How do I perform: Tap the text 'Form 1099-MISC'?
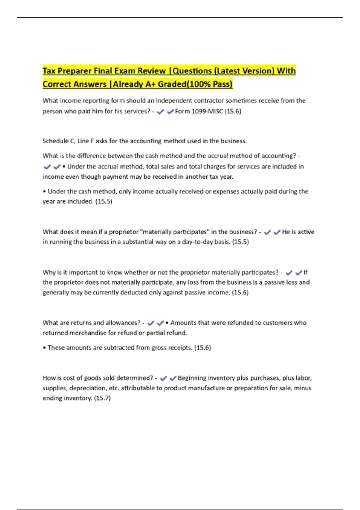tap(199, 111)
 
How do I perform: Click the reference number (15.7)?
tap(102, 398)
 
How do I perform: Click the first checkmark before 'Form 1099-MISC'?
tap(160, 112)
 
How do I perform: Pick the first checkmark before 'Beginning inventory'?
tap(163, 378)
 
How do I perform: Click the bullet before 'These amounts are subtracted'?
tap(44, 348)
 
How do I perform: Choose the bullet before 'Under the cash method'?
tap(44, 192)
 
